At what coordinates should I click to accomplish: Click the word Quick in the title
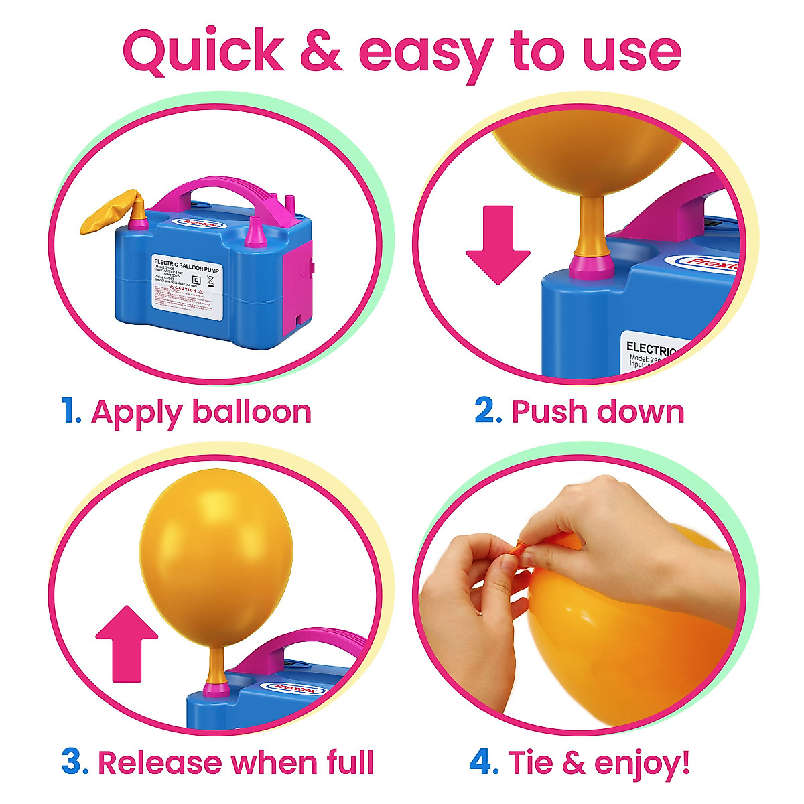coord(203,52)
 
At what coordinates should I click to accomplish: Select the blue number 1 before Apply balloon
coord(70,411)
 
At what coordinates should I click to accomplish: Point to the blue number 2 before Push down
coord(488,411)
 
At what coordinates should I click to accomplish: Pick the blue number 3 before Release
coord(74,762)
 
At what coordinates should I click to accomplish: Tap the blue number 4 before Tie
coord(482,762)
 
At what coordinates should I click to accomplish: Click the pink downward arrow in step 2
coord(497,245)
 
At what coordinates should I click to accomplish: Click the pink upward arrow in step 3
coord(127,643)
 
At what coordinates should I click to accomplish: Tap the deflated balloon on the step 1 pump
coord(109,213)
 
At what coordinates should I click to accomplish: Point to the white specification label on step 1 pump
coord(186,281)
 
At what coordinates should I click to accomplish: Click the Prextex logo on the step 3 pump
coord(295,687)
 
